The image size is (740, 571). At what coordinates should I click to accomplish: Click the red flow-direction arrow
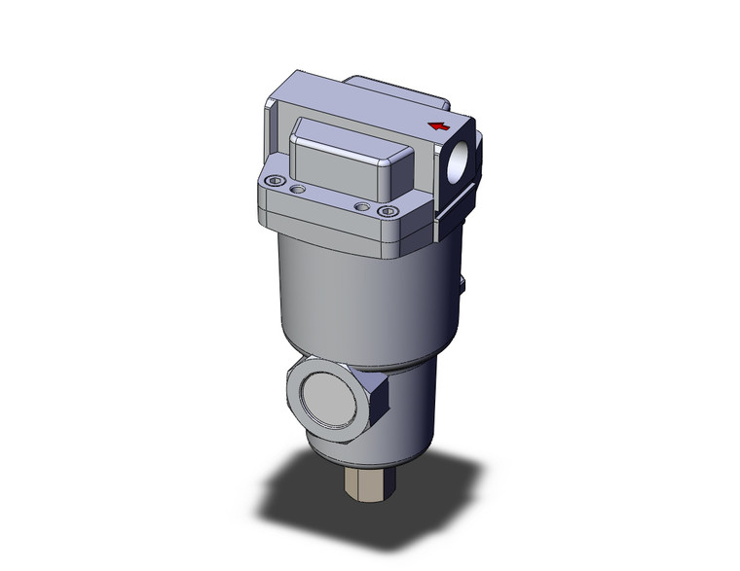(x=439, y=126)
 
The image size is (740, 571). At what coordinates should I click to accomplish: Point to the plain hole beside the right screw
(x=362, y=206)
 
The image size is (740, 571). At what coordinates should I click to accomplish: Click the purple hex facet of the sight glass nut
(x=379, y=402)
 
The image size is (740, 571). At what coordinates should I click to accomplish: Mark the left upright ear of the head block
(x=275, y=126)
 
